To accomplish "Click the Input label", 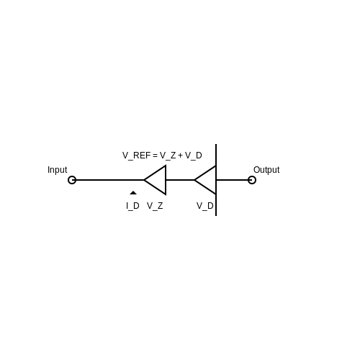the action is pos(58,170).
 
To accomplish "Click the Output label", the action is pos(266,170).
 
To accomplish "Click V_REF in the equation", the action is pos(136,156).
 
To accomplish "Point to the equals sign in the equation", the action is pos(155,156).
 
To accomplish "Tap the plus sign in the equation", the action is pos(180,156).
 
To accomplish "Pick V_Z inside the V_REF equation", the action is pos(168,156).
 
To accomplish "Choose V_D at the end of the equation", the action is pos(194,156).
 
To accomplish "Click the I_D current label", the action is pos(132,206).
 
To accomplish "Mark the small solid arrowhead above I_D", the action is pos(133,193).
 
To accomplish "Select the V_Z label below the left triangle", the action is pos(155,206).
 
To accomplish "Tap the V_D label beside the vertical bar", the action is pos(205,206).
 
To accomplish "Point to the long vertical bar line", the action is pos(216,180).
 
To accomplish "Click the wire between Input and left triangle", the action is pos(110,180).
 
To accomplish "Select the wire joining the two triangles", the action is pos(180,180).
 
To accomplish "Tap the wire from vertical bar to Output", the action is pos(232,180).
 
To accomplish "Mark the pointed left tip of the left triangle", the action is pos(144,180).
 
